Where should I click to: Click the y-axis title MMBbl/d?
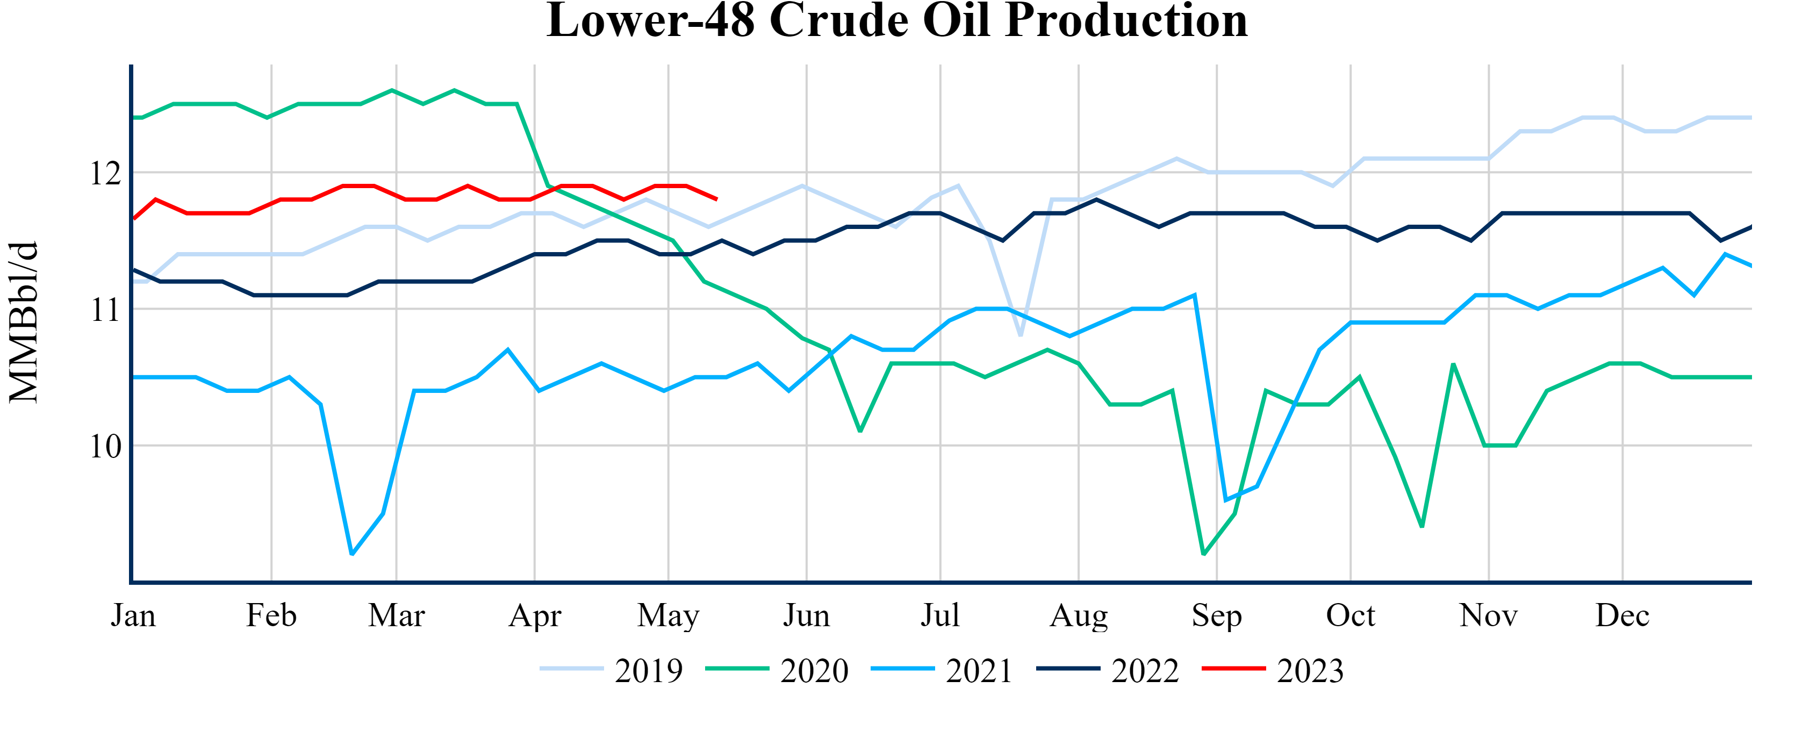pyautogui.click(x=24, y=322)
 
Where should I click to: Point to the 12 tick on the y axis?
pyautogui.click(x=105, y=173)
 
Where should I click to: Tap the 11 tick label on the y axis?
pyautogui.click(x=105, y=310)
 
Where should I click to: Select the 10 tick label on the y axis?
pyautogui.click(x=105, y=446)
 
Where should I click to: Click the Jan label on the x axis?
pyautogui.click(x=133, y=615)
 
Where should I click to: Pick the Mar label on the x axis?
pyautogui.click(x=397, y=615)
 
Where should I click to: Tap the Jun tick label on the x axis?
pyautogui.click(x=806, y=615)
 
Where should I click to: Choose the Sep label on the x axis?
pyautogui.click(x=1217, y=615)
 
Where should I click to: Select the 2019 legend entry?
pyautogui.click(x=612, y=670)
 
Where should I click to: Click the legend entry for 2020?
pyautogui.click(x=777, y=670)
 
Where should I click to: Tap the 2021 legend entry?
pyautogui.click(x=942, y=670)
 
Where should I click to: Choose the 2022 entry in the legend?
pyautogui.click(x=1108, y=670)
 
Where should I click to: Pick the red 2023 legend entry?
pyautogui.click(x=1273, y=670)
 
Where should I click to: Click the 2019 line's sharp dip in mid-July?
pyautogui.click(x=1020, y=336)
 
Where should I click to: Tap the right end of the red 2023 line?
pyautogui.click(x=717, y=199)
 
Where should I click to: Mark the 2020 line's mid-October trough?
pyautogui.click(x=1421, y=527)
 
